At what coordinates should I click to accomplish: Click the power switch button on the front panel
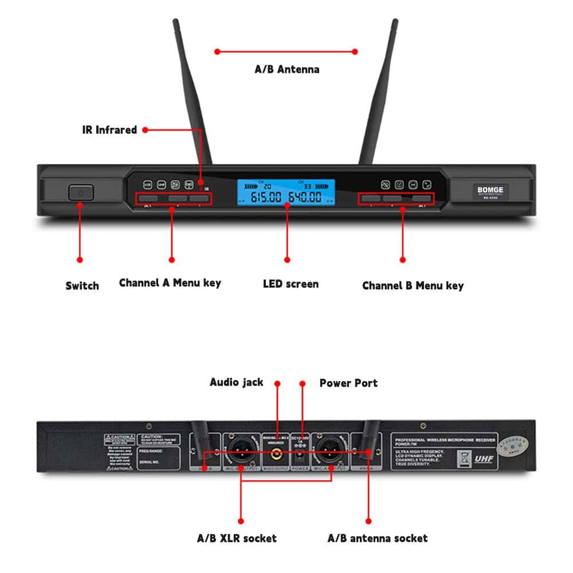click(x=81, y=193)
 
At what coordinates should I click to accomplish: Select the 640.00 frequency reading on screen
click(x=305, y=198)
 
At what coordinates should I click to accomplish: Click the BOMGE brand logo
click(x=490, y=190)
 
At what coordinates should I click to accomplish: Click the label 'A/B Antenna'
click(x=286, y=69)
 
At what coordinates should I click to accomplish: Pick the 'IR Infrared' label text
click(x=109, y=130)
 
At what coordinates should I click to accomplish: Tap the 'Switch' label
click(x=82, y=285)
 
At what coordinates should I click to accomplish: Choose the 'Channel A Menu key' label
click(x=170, y=282)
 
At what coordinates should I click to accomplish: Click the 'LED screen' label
click(x=291, y=284)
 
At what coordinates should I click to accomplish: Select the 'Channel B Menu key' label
click(x=413, y=285)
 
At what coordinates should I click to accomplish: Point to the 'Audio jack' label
click(x=236, y=382)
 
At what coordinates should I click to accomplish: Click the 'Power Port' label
click(x=348, y=383)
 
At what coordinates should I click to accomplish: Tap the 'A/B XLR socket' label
click(x=237, y=538)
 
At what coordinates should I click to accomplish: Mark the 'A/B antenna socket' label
click(x=377, y=538)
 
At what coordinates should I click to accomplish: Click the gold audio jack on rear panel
click(x=277, y=454)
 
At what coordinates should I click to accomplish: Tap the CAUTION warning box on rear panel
click(x=119, y=453)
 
